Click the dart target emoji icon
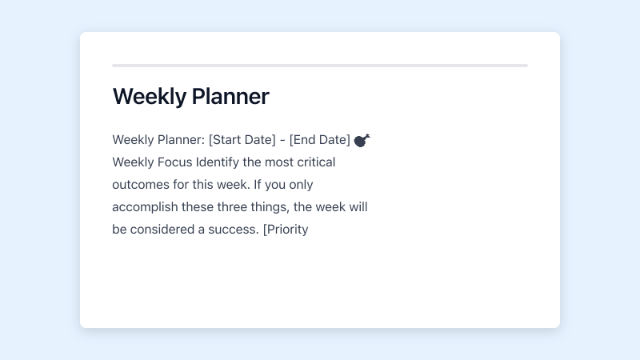(362, 140)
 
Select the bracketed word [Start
(226, 140)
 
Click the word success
(233, 230)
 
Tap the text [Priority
(286, 230)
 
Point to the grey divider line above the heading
(320, 66)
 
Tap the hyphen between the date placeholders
(282, 140)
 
